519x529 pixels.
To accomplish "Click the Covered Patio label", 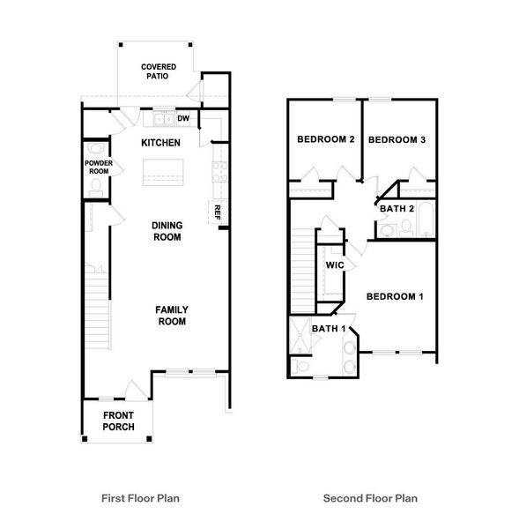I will (x=159, y=71).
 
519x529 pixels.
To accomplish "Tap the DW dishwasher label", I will (x=183, y=119).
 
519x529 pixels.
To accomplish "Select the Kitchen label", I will (x=160, y=143).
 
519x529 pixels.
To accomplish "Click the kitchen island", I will (x=161, y=170).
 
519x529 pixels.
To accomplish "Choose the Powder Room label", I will (x=98, y=168).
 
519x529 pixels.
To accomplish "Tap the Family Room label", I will (x=171, y=315).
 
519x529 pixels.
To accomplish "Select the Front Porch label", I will (x=118, y=421).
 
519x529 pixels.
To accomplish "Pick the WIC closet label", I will (x=334, y=265).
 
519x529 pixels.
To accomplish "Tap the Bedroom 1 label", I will (x=395, y=296).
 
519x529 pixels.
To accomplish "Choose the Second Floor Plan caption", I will (x=370, y=498).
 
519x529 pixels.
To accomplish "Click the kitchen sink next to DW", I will (x=162, y=119).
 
